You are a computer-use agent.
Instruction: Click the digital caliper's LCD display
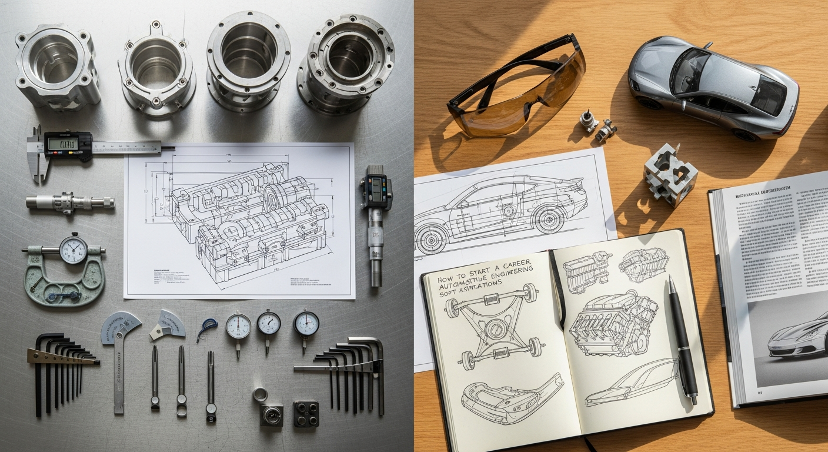[62, 143]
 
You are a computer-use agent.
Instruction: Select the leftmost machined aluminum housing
[56, 67]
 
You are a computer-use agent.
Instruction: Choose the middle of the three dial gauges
[268, 324]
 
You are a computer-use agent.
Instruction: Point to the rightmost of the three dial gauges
[306, 324]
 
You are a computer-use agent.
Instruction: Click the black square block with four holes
[306, 413]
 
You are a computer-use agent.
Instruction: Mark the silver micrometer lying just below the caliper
[69, 203]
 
